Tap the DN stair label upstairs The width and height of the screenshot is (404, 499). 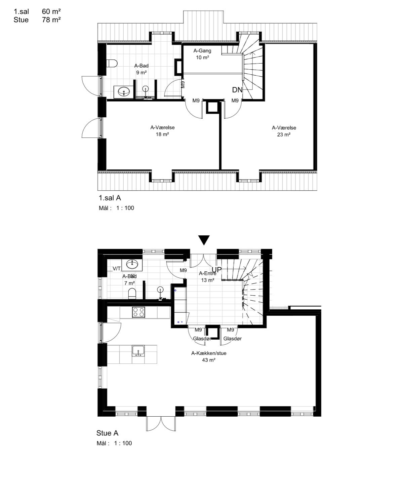[237, 90]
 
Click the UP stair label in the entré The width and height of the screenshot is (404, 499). [217, 270]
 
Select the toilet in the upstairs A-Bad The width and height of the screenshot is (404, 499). [112, 64]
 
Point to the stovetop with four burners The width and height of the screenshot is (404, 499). [138, 312]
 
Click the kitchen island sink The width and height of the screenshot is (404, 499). [138, 351]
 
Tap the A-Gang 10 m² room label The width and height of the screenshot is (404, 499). [202, 54]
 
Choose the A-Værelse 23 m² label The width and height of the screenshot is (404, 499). [284, 131]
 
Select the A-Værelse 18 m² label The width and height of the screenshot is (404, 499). [162, 131]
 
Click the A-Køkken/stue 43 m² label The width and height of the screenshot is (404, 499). [209, 356]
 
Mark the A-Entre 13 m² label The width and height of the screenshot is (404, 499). [207, 276]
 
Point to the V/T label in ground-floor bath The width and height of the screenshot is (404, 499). [117, 268]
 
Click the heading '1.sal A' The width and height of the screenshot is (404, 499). [110, 198]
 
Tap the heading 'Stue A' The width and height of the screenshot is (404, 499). [108, 433]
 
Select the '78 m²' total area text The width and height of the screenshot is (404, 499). [51, 20]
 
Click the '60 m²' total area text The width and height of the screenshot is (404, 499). [51, 11]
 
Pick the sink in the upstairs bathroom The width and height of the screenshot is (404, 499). [124, 91]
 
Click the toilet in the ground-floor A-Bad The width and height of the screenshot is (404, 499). [132, 294]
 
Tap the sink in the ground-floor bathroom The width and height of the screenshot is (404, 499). [132, 264]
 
